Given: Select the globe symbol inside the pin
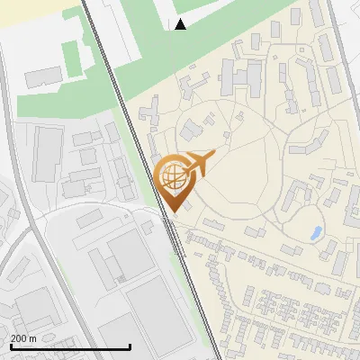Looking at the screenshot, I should (172, 175).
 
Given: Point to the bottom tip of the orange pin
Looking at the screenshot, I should (171, 211).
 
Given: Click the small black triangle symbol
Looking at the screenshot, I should (181, 24).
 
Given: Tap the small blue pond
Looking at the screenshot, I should (315, 234).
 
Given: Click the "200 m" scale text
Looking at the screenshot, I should (23, 338).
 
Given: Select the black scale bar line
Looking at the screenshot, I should (70, 346).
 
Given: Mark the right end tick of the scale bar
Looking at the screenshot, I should (130, 345).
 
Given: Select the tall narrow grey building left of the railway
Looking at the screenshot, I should (47, 153).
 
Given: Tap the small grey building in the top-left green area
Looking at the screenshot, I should (42, 77).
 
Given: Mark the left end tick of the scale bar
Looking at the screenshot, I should (10, 345).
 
